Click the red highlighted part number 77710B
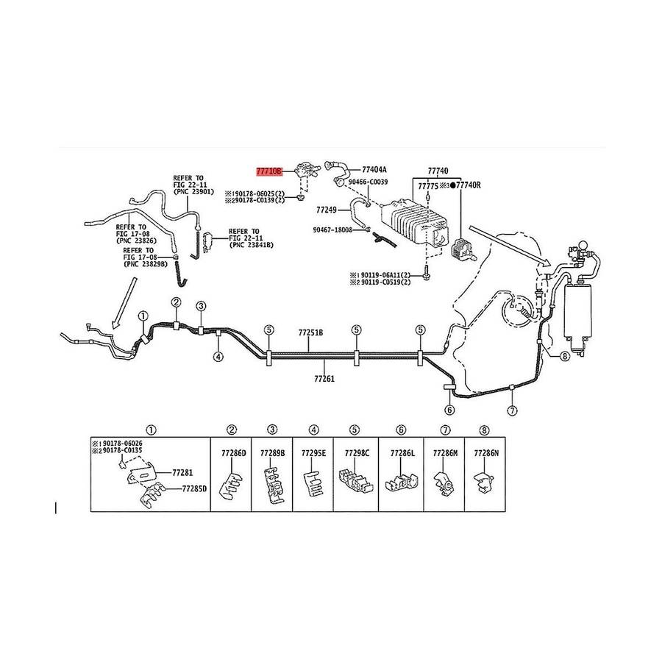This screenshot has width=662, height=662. click(268, 170)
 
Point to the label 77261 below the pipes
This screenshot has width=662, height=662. click(324, 380)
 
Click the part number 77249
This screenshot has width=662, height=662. click(326, 210)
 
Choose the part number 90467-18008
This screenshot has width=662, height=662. click(331, 229)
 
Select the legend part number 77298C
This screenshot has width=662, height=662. click(356, 454)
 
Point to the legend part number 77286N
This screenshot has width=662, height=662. click(486, 454)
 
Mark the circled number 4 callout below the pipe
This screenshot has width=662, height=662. click(218, 357)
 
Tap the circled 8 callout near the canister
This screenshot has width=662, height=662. click(564, 357)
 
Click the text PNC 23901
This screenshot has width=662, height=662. click(193, 192)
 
